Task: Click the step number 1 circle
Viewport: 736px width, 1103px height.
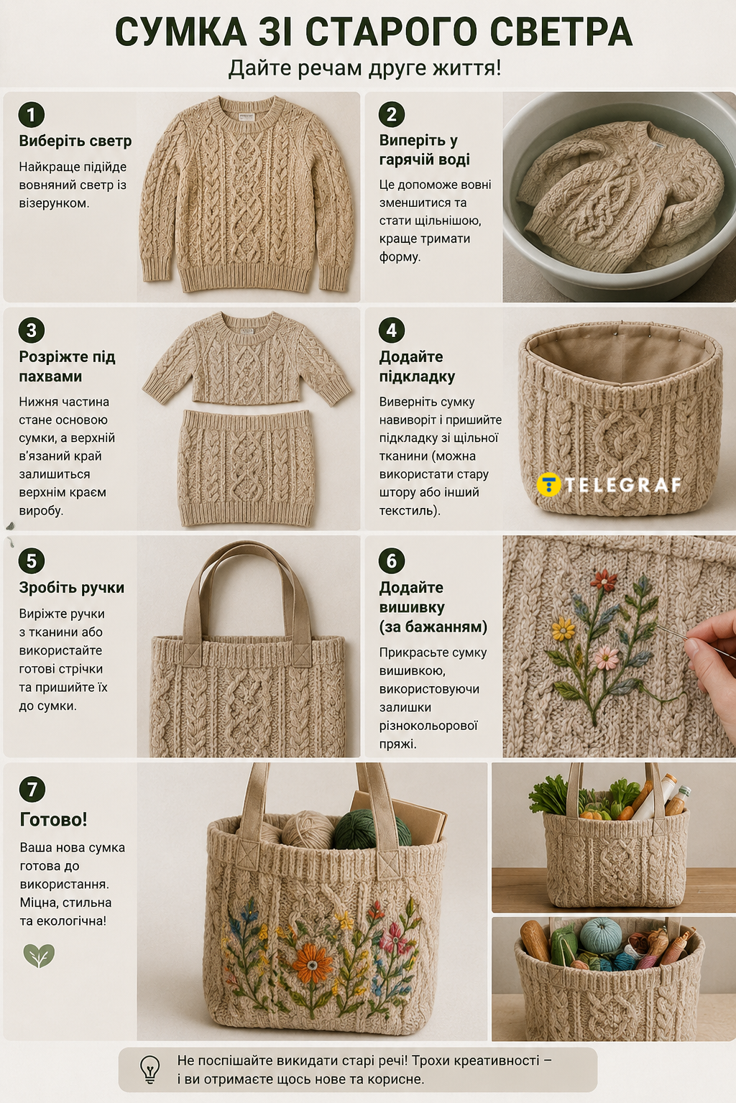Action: pos(32,115)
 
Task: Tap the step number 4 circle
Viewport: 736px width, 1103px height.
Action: pos(392,330)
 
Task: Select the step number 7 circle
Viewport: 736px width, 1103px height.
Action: pos(32,789)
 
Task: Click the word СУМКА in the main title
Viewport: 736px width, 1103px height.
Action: pos(180,32)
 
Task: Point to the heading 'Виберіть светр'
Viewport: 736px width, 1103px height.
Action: pos(75,142)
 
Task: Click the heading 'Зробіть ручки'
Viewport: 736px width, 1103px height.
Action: pos(71,588)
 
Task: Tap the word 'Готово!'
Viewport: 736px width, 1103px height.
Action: pos(53,820)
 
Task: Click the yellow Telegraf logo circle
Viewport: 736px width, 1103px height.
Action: pos(549,485)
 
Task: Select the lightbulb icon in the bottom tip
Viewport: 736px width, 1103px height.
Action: pos(149,1069)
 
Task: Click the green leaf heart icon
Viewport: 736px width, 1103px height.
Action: pos(39,956)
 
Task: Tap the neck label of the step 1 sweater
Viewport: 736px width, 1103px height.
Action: pos(245,117)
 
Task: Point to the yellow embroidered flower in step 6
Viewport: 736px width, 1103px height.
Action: pos(563,629)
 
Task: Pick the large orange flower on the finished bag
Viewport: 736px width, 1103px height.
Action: pos(312,964)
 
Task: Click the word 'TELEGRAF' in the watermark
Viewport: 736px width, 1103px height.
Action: pos(623,485)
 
